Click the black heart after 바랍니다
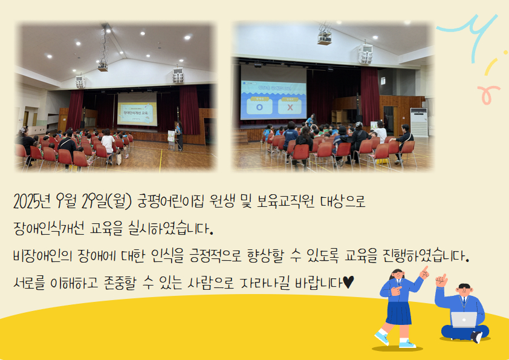pyautogui.click(x=348, y=282)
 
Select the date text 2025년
pyautogui.click(x=32, y=201)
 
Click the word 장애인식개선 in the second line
pyautogui.click(x=49, y=228)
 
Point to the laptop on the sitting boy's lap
pyautogui.click(x=464, y=319)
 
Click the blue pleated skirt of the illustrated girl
pyautogui.click(x=398, y=313)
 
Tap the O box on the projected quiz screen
pyautogui.click(x=259, y=106)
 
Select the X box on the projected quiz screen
pyautogui.click(x=290, y=106)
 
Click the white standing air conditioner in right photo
pyautogui.click(x=419, y=122)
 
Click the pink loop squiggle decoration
pyautogui.click(x=488, y=94)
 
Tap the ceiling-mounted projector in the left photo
pyautogui.click(x=103, y=67)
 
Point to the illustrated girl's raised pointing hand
pyautogui.click(x=424, y=272)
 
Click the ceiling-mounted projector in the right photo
pyautogui.click(x=324, y=38)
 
